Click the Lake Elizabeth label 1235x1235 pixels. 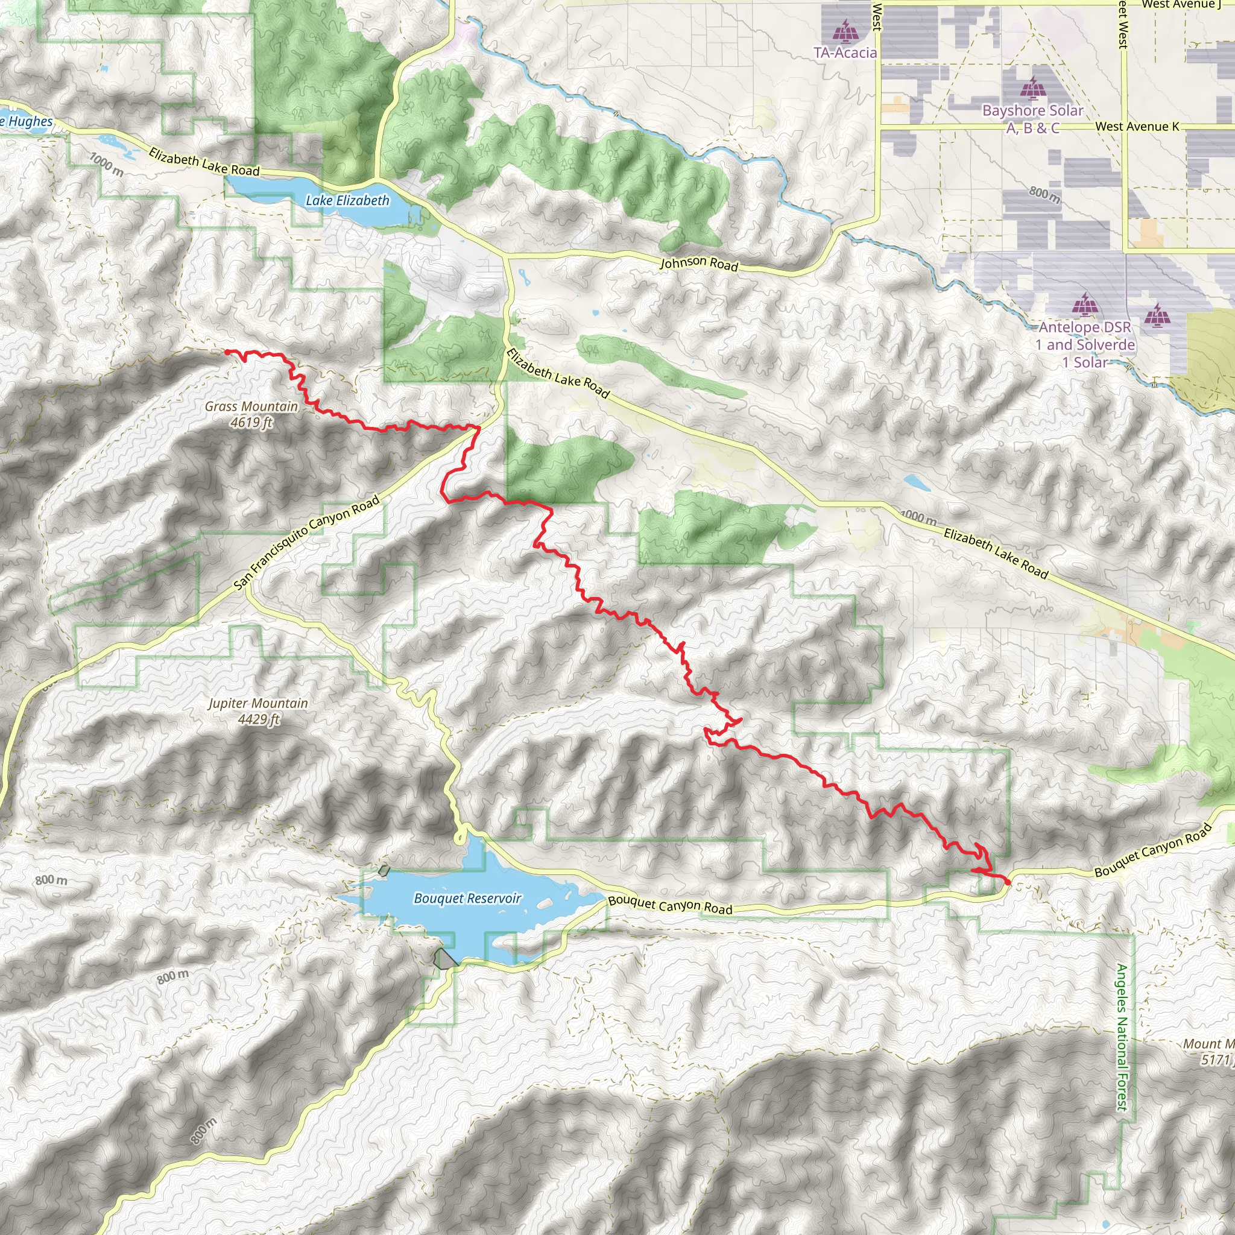pyautogui.click(x=347, y=201)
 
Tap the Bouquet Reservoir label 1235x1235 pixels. pyautogui.click(x=468, y=898)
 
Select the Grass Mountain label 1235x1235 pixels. pyautogui.click(x=251, y=406)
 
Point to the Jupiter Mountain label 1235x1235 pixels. pyautogui.click(x=258, y=703)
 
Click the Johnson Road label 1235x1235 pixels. pyautogui.click(x=699, y=264)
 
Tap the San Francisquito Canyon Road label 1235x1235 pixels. pyautogui.click(x=307, y=543)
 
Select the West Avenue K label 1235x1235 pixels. pyautogui.click(x=1137, y=127)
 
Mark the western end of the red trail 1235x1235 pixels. pyautogui.click(x=226, y=352)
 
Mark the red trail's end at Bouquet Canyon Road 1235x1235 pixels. pyautogui.click(x=1008, y=882)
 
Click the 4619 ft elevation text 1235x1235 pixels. pyautogui.click(x=252, y=423)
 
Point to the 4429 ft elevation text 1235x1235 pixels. pyautogui.click(x=259, y=719)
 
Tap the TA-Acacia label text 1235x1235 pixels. pyautogui.click(x=845, y=53)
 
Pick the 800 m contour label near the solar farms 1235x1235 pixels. pyautogui.click(x=1044, y=194)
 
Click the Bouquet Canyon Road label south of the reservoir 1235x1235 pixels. pyautogui.click(x=670, y=905)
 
